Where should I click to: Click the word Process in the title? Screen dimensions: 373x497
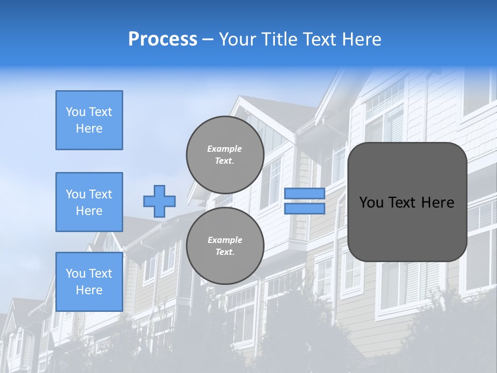click(x=163, y=39)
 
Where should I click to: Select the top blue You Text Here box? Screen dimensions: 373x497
click(x=89, y=120)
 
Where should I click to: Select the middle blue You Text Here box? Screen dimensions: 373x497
click(x=89, y=202)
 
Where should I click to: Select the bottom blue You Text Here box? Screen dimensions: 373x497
click(x=89, y=282)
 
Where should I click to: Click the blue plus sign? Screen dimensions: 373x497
click(x=159, y=201)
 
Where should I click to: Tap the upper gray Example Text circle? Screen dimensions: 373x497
click(x=225, y=155)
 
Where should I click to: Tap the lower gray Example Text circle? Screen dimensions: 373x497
click(x=225, y=246)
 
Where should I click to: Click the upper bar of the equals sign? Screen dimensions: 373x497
click(x=304, y=193)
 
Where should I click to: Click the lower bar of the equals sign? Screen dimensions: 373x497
click(x=304, y=209)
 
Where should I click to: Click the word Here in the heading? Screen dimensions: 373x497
click(x=362, y=39)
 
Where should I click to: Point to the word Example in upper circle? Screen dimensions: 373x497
click(x=225, y=149)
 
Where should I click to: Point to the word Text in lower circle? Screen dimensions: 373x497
click(x=225, y=252)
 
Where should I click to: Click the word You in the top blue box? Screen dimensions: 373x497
click(x=75, y=112)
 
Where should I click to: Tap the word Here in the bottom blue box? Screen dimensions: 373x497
click(x=89, y=290)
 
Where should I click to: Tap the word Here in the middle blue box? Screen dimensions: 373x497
click(x=89, y=211)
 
